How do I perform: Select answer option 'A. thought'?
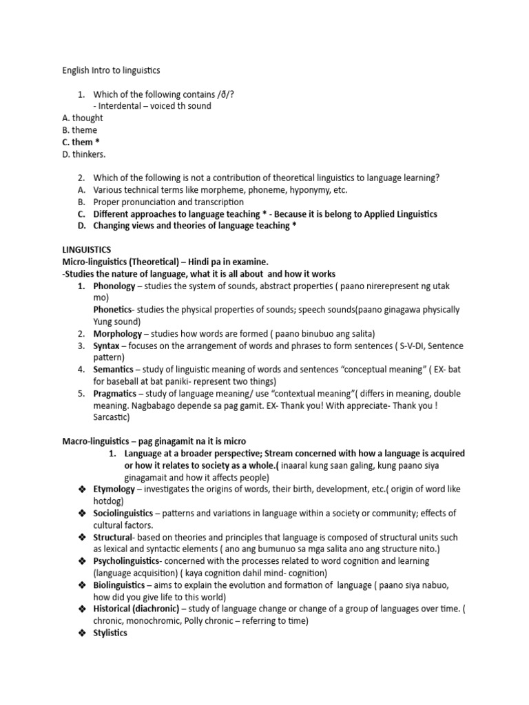tap(82, 118)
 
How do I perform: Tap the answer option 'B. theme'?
tap(79, 129)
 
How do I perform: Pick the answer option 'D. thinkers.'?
tap(83, 154)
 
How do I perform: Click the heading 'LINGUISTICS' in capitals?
tap(86, 249)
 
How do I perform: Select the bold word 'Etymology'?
tap(114, 489)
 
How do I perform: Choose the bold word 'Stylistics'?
tap(110, 633)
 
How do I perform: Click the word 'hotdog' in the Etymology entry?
tap(108, 501)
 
